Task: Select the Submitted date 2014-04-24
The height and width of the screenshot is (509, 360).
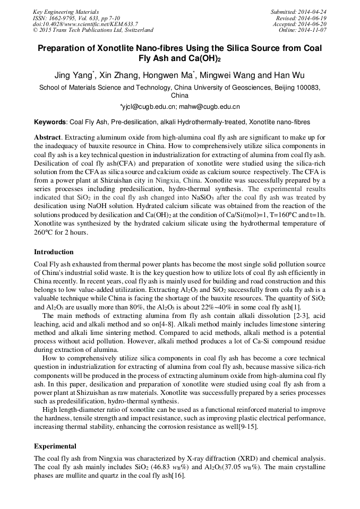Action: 313,12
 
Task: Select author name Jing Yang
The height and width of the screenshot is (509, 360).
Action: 74,74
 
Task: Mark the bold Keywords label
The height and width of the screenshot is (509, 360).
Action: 50,122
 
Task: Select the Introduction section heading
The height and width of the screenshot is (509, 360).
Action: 54,252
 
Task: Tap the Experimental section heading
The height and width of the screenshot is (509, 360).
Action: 55,446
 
